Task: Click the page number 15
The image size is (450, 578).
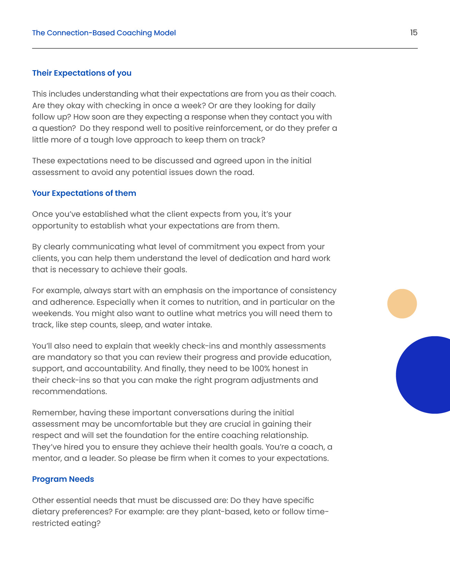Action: tap(414, 33)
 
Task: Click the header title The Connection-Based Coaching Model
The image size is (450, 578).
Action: tap(104, 33)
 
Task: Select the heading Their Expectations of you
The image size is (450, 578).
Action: tap(82, 73)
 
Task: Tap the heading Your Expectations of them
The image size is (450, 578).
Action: tap(84, 193)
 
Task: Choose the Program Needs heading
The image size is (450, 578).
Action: tap(63, 479)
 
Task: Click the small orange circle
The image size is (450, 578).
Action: tap(402, 304)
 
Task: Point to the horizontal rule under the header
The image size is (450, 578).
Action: tap(225, 48)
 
